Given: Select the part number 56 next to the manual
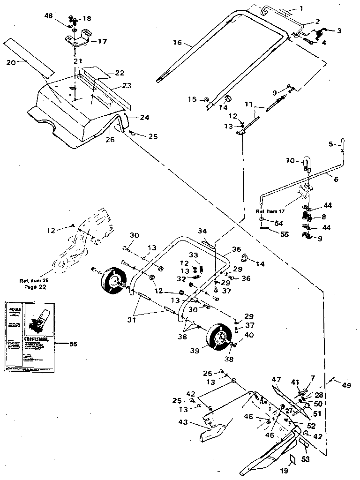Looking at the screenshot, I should (x=73, y=344).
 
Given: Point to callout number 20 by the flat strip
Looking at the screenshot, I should (x=10, y=61).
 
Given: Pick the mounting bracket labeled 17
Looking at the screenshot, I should (x=78, y=37).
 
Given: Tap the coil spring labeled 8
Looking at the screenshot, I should (x=306, y=217).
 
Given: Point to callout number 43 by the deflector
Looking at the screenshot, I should (x=183, y=422).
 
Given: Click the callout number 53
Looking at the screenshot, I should (x=305, y=459).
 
